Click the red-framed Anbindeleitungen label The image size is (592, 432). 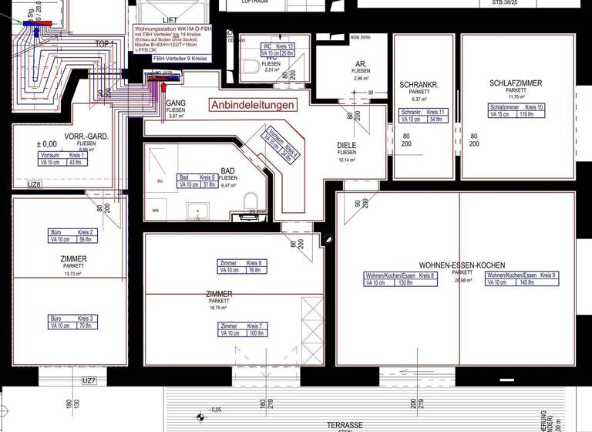pos(253,105)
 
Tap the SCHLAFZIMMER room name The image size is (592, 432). pos(515,83)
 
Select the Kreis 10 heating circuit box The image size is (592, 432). pos(515,111)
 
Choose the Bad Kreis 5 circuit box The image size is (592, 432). pos(197,181)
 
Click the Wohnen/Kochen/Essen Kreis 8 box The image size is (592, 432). pos(400,279)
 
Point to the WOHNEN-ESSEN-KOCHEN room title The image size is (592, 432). pos(462,265)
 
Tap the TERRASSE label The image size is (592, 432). pos(344,425)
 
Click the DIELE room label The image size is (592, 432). pos(347,145)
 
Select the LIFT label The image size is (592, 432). pos(170,20)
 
